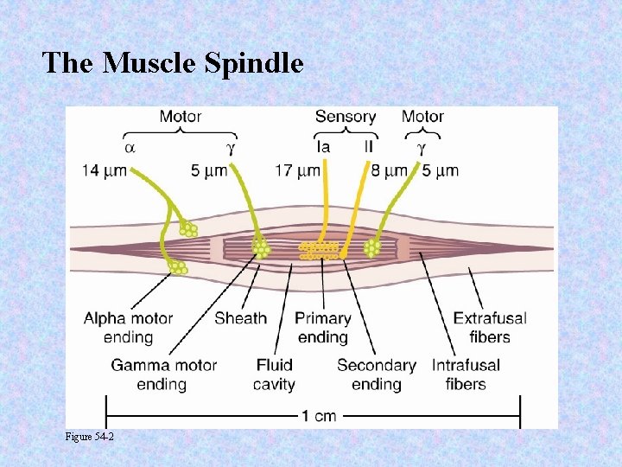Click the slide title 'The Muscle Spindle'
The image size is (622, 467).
pyautogui.click(x=173, y=62)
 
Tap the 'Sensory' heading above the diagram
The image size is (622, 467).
pyautogui.click(x=345, y=116)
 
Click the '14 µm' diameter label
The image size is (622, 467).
pyautogui.click(x=105, y=170)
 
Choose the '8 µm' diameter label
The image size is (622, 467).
pyautogui.click(x=385, y=170)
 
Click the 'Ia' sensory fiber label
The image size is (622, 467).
pyautogui.click(x=323, y=147)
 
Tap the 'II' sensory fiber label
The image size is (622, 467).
pyautogui.click(x=369, y=147)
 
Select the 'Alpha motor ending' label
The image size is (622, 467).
pyautogui.click(x=128, y=328)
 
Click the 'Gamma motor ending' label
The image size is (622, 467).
pyautogui.click(x=163, y=374)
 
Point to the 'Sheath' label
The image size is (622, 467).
pyautogui.click(x=240, y=318)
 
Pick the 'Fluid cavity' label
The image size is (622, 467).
pyautogui.click(x=275, y=374)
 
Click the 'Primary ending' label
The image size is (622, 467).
pyautogui.click(x=322, y=328)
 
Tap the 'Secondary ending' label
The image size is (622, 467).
pyautogui.click(x=377, y=374)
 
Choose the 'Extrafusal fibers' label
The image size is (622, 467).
pyautogui.click(x=490, y=328)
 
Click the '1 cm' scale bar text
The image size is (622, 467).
pyautogui.click(x=319, y=416)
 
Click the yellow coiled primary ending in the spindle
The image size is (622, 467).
pyautogui.click(x=319, y=251)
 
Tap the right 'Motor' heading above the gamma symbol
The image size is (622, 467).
pyautogui.click(x=422, y=116)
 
